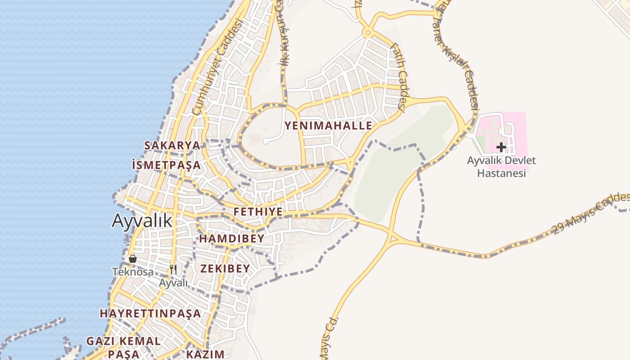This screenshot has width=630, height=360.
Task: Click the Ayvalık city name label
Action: point(142,220)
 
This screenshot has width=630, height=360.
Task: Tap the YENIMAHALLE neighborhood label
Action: point(328,126)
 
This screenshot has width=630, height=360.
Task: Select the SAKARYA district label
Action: point(172,145)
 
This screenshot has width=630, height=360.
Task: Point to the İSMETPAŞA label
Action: point(166,165)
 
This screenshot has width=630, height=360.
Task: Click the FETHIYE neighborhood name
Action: point(258,211)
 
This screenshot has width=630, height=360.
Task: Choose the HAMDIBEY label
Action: point(231,238)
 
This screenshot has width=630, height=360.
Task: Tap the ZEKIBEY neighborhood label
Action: point(225,269)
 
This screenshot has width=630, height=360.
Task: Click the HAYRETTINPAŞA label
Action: point(150,313)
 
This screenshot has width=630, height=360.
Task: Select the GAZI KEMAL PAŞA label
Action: point(123,347)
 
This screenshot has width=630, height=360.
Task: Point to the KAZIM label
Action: point(205,354)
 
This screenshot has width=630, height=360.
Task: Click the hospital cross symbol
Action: point(501,147)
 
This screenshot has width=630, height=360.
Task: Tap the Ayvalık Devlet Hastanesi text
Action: point(501,166)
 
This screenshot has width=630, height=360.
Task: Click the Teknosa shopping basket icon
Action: point(132,259)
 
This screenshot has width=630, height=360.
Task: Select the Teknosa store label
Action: point(133,272)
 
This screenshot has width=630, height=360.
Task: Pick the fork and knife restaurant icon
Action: point(173,270)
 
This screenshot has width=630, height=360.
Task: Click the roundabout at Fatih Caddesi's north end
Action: point(368,32)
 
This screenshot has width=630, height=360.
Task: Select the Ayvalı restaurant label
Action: point(173,283)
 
